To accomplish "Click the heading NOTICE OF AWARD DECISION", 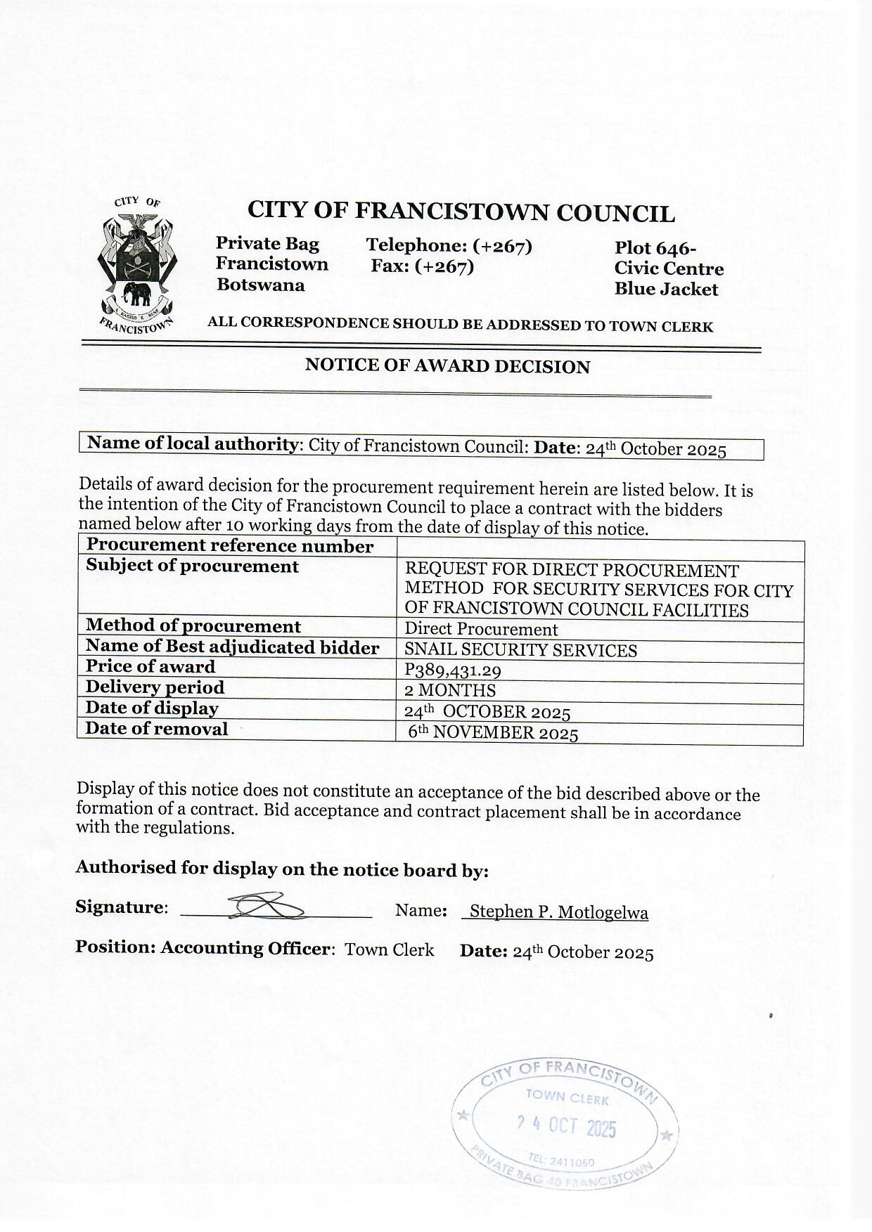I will (x=447, y=366).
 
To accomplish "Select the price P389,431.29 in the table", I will (x=453, y=671).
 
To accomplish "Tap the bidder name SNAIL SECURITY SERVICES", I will (x=520, y=651).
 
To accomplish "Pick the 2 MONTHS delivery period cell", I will (x=450, y=690).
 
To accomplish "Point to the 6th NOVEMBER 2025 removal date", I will (x=494, y=733).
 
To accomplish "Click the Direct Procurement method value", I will (x=481, y=630).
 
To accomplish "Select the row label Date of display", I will (x=152, y=708).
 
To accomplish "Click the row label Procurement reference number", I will (x=229, y=546).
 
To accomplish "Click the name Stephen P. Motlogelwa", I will (x=558, y=912).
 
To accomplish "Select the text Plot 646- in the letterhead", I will (x=655, y=248).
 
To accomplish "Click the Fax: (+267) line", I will (x=423, y=267).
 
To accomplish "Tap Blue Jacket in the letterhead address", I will (x=666, y=290).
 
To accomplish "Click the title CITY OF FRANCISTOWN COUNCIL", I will (x=461, y=212).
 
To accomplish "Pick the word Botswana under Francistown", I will (x=261, y=285).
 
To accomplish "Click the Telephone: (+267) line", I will (x=449, y=246).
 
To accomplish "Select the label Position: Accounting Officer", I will (x=203, y=947).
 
